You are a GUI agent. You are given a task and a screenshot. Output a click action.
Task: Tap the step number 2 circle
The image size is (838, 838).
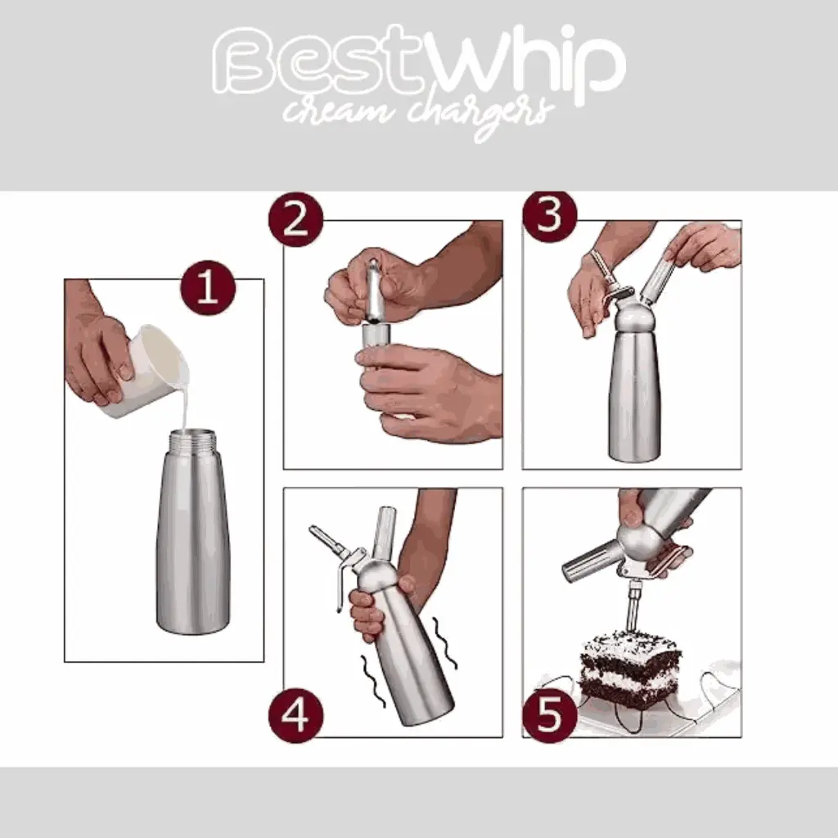pyautogui.click(x=296, y=219)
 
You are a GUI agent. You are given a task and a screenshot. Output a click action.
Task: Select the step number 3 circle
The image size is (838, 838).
pyautogui.click(x=550, y=215)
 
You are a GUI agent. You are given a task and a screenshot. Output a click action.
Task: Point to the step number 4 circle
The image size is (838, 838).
pyautogui.click(x=295, y=715)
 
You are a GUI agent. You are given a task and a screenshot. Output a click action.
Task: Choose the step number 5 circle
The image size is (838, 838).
pyautogui.click(x=550, y=714)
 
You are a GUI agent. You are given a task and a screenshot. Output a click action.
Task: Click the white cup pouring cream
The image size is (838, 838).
pyautogui.click(x=148, y=371)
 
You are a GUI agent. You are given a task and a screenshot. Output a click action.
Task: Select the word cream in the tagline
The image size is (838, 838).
pyautogui.click(x=340, y=112)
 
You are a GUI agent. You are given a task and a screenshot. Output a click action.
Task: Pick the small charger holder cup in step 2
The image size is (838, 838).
pyautogui.click(x=376, y=342)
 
